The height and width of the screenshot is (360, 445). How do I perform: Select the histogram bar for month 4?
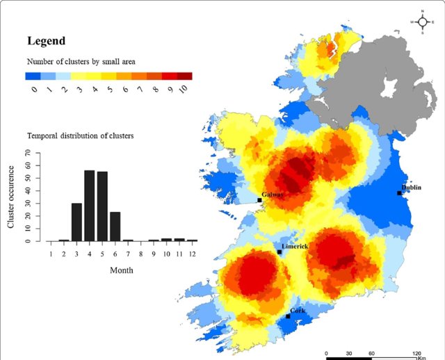click(x=90, y=206)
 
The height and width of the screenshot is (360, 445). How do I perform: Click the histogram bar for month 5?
click(x=102, y=206)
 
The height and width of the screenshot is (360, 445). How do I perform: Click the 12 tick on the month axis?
click(x=193, y=254)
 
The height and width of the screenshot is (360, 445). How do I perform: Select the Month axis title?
click(x=122, y=270)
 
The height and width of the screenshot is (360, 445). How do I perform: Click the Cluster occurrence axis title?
click(x=12, y=197)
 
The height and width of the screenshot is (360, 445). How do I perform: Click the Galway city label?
click(x=272, y=195)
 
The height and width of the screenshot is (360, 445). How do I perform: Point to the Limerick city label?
click(x=295, y=247)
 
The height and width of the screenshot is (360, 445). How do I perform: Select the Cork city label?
click(x=298, y=311)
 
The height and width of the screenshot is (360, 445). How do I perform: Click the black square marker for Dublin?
click(x=400, y=193)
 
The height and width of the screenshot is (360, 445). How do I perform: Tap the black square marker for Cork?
click(x=288, y=317)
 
